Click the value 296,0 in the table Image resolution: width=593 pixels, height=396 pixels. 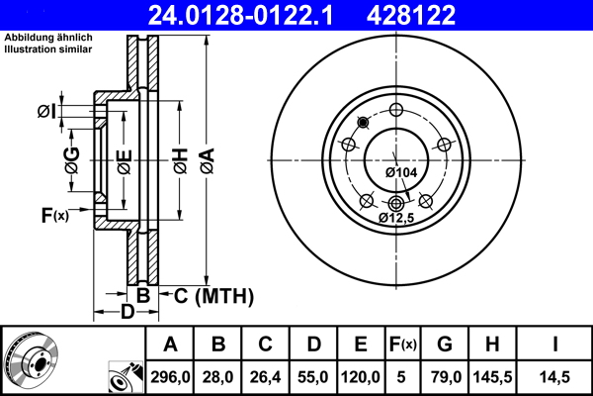tap(170, 376)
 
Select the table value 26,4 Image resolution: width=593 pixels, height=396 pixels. tap(266, 376)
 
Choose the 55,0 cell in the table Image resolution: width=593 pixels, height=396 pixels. tap(313, 376)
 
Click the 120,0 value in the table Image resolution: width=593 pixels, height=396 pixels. tap(361, 376)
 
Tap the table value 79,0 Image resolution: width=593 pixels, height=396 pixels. tap(445, 376)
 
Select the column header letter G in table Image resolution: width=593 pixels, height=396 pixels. tap(445, 345)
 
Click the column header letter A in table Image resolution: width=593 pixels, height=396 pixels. tap(170, 345)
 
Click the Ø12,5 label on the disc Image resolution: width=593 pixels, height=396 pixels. tap(396, 216)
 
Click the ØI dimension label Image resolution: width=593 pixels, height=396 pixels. tap(45, 111)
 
